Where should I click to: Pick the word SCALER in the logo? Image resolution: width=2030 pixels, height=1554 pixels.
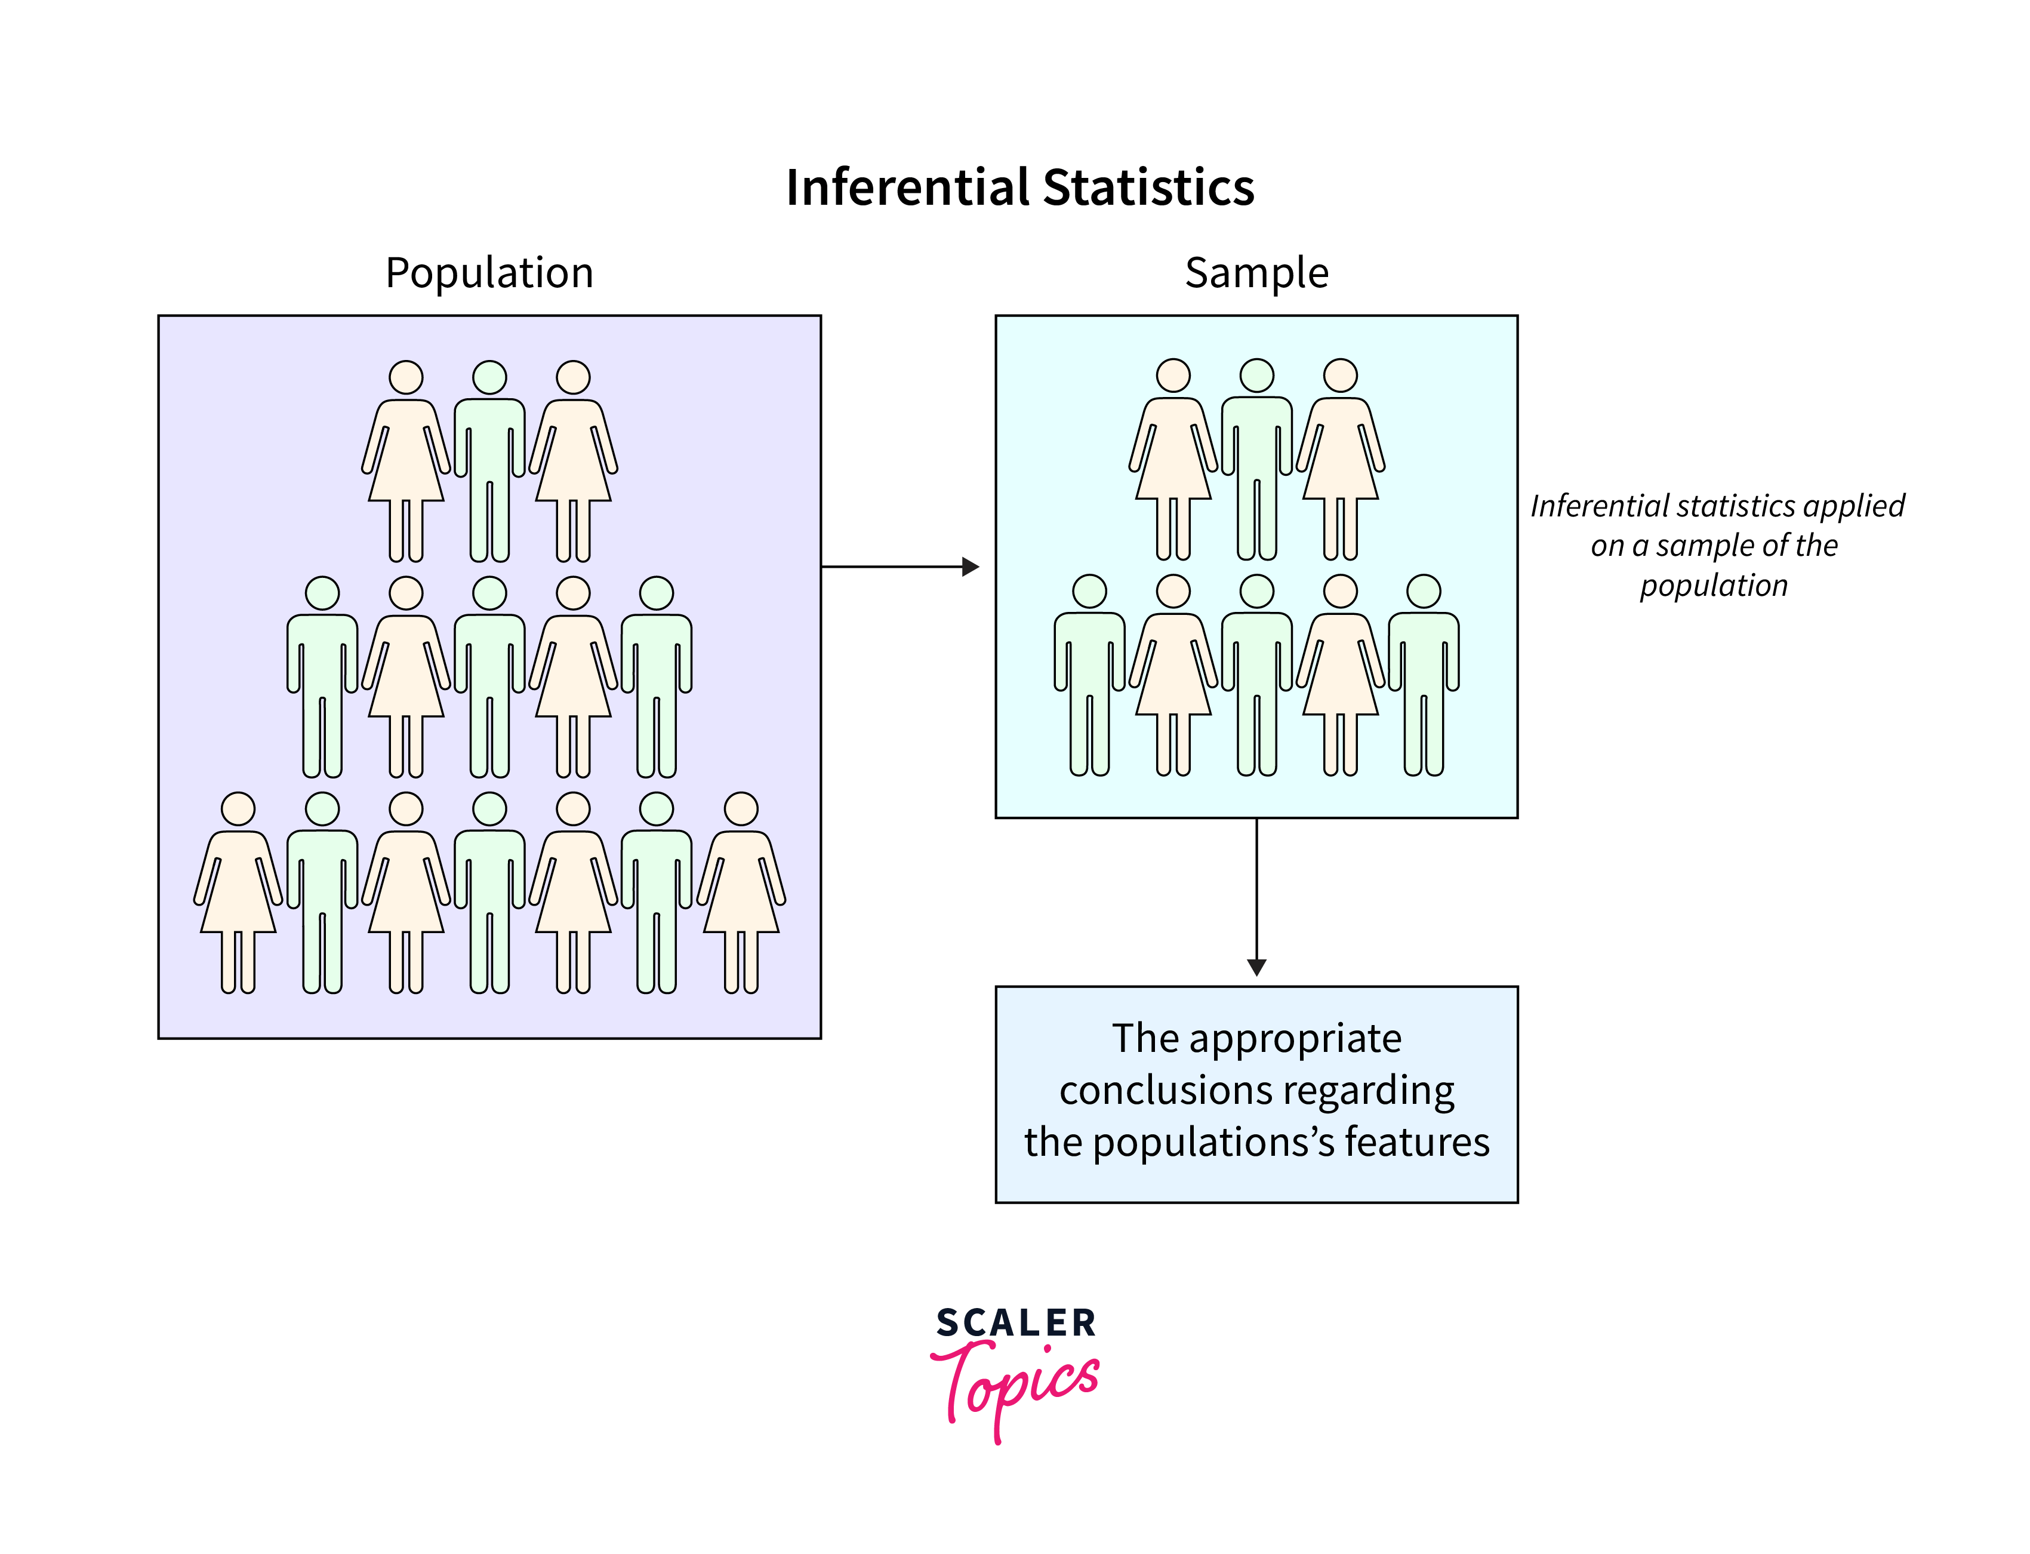pos(1015,1323)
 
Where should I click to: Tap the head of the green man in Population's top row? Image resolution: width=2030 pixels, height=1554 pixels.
pos(489,377)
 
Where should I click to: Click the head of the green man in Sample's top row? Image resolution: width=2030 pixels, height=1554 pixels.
pos(1256,376)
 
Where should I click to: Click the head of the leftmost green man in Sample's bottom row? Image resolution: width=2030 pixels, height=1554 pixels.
pos(1089,591)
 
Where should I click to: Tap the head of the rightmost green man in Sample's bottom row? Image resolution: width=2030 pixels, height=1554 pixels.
pos(1424,591)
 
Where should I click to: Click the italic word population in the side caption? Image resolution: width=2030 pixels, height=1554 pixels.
pos(1713,586)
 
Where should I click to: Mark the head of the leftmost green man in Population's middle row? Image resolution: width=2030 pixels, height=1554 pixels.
pos(322,593)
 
